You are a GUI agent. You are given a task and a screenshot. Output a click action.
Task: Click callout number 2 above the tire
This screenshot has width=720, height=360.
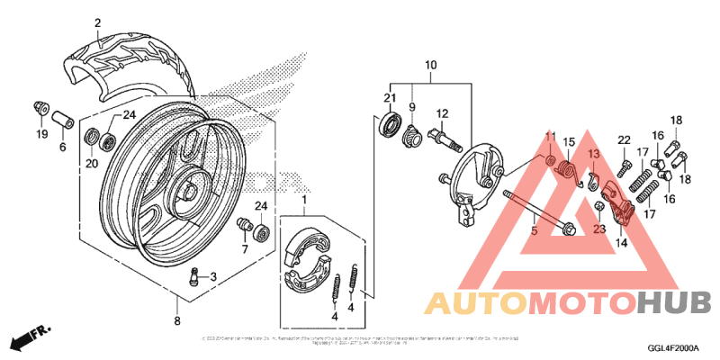pyautogui.click(x=97, y=23)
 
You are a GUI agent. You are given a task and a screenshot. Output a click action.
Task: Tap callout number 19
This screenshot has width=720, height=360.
pyautogui.click(x=41, y=135)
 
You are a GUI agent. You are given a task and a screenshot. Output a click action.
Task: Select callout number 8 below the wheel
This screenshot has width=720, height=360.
pyautogui.click(x=176, y=320)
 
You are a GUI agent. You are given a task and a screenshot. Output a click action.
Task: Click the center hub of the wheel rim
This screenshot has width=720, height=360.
pyautogui.click(x=190, y=191)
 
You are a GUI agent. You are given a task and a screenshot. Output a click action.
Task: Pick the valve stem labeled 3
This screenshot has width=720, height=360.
pyautogui.click(x=192, y=277)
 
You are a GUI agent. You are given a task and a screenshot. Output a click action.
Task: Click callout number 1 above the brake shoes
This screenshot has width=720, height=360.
pyautogui.click(x=304, y=199)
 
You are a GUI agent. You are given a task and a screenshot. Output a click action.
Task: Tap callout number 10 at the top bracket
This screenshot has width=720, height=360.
pyautogui.click(x=430, y=66)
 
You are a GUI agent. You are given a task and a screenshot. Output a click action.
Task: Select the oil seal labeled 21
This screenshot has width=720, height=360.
pyautogui.click(x=390, y=123)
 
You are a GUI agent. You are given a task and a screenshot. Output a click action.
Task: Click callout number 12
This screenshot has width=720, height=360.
pyautogui.click(x=443, y=113)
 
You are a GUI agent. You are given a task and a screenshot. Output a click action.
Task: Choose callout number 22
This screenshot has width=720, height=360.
pyautogui.click(x=623, y=139)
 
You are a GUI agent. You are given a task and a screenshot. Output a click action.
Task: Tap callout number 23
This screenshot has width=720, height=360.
pyautogui.click(x=598, y=229)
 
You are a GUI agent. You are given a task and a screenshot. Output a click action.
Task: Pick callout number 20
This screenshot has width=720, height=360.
pyautogui.click(x=92, y=164)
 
